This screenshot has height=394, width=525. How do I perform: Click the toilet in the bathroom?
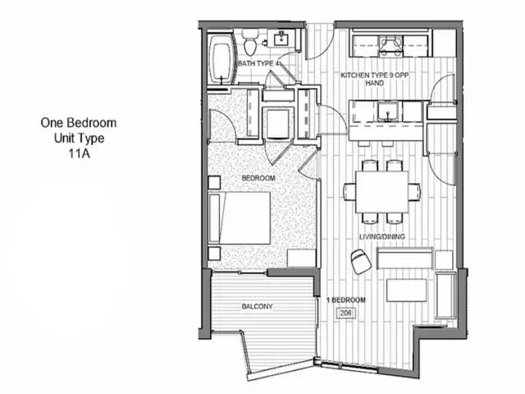coord(249,42)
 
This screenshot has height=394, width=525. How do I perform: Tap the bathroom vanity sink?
coord(281,39)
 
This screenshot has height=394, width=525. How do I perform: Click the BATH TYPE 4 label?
coord(258,63)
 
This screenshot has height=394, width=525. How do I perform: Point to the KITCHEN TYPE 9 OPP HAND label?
coord(375,79)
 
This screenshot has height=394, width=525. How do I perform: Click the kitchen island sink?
coord(388,112)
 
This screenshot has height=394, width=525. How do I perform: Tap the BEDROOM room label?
coord(258,178)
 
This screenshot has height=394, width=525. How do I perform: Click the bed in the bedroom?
coord(240,218)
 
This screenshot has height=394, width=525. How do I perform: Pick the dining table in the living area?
coord(382,191)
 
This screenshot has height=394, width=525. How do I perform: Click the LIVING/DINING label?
coord(382,236)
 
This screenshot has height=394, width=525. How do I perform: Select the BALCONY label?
coord(257,306)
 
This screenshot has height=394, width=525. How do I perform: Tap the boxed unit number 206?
coord(346,313)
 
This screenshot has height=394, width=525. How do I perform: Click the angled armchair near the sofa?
coord(361,261)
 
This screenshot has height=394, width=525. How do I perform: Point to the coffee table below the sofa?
coord(407,290)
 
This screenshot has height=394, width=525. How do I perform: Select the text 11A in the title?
coord(79,153)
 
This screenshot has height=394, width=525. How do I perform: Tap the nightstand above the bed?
coord(214,182)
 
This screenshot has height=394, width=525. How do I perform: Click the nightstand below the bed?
coord(214,254)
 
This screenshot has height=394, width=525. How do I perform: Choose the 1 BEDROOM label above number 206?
coord(346,300)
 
